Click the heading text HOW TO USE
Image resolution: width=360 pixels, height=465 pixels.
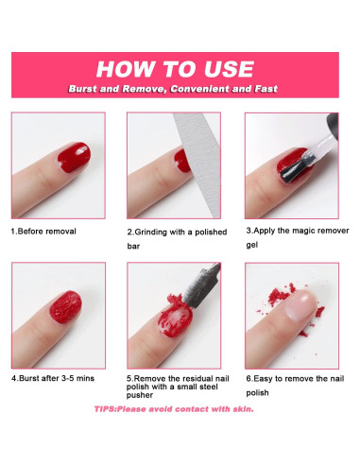point(175,69)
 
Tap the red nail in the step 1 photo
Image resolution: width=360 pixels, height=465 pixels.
point(75,157)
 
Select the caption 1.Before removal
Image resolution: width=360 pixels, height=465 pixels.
point(43,232)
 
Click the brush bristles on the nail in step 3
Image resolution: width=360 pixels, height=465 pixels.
point(294,171)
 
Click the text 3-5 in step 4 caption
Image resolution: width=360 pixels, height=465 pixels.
point(68,378)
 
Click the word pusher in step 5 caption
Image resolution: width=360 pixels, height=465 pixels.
point(140,395)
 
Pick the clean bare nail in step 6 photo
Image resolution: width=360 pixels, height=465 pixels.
point(300,305)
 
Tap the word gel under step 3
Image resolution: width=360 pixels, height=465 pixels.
point(252,245)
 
